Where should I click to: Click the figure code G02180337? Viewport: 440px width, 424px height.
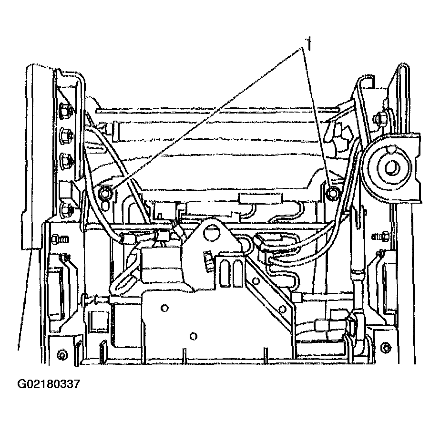pyautogui.click(x=49, y=383)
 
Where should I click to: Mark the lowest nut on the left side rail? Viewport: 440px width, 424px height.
pyautogui.click(x=67, y=208)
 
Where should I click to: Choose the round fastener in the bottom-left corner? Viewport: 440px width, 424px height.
pyautogui.click(x=61, y=355)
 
